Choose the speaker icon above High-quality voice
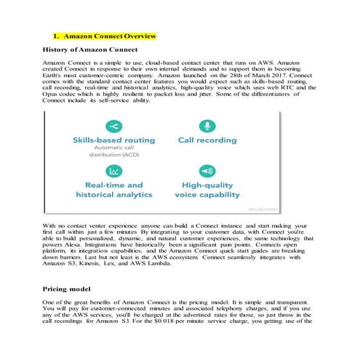(209, 170)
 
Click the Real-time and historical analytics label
(114, 190)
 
